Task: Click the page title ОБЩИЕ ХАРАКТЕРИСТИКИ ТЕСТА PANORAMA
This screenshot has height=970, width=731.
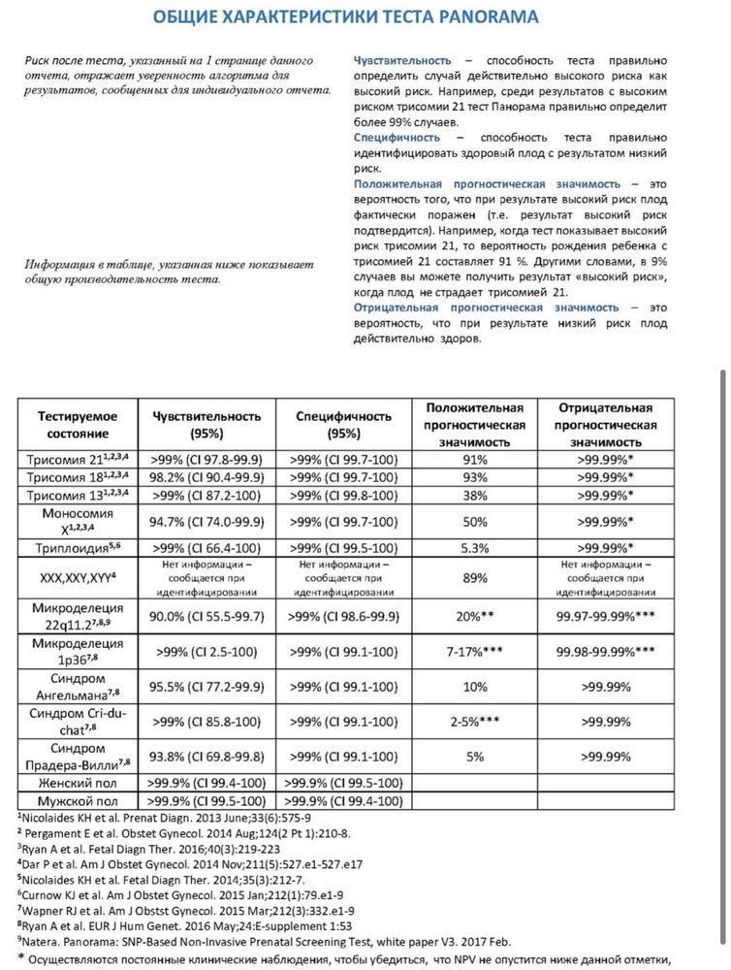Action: [x=346, y=17]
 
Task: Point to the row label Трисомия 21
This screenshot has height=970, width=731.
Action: [x=74, y=458]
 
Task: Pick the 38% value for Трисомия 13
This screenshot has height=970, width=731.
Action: [x=475, y=495]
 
